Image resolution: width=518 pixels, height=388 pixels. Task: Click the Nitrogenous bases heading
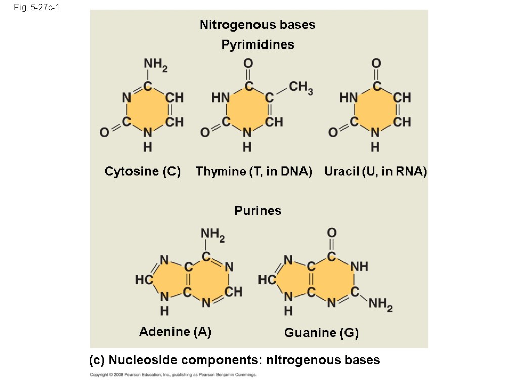[x=257, y=25]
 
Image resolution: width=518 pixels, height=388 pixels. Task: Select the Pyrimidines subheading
[x=257, y=45]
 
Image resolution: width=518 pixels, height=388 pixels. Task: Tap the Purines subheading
[x=257, y=211]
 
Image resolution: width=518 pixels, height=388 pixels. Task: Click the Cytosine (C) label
[x=143, y=172]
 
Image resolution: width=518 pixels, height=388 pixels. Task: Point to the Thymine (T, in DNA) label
[x=254, y=172]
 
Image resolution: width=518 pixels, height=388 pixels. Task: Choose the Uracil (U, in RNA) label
[x=376, y=172]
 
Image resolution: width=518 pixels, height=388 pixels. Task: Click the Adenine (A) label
[x=175, y=332]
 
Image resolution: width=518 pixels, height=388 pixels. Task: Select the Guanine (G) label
[x=321, y=333]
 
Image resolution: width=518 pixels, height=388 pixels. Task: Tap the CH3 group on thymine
[x=301, y=88]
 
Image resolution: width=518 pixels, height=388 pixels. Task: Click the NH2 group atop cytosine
[x=155, y=64]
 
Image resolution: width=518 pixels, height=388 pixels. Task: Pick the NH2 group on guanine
[x=380, y=304]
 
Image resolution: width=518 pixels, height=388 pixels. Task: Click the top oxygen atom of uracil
[x=376, y=63]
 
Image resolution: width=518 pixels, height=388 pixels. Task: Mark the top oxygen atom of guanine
[x=331, y=233]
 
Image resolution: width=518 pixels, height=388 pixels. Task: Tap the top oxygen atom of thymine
[x=248, y=63]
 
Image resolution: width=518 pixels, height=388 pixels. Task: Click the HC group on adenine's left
[x=144, y=279]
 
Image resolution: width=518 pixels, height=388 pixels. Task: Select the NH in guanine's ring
[x=359, y=266]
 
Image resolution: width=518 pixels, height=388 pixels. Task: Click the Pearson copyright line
[x=174, y=375]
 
